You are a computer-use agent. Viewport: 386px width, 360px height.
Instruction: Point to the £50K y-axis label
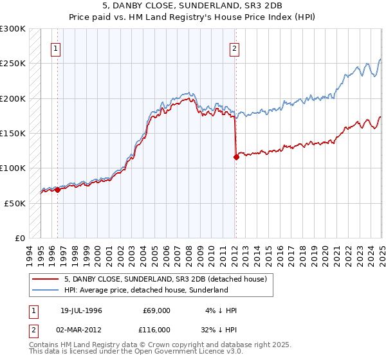[15, 203]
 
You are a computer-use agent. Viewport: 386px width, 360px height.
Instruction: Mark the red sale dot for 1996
[57, 190]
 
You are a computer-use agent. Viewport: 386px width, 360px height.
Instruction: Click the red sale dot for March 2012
[236, 157]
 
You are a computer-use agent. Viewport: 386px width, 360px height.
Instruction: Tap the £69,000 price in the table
[156, 310]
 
